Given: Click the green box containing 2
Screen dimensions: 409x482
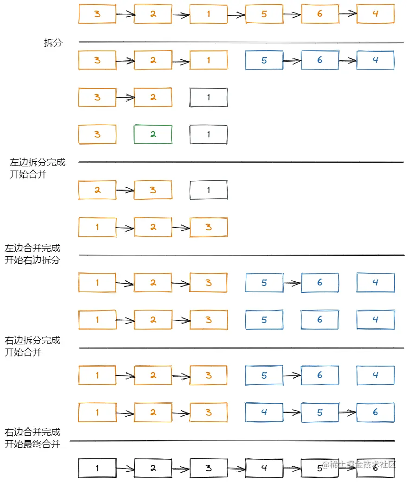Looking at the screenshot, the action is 153,134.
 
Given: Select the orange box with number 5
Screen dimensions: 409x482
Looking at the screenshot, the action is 264,14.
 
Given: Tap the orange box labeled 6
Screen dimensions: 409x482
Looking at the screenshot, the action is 320,14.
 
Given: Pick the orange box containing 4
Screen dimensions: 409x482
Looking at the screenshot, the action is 375,14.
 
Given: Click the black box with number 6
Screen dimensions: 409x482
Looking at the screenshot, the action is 375,468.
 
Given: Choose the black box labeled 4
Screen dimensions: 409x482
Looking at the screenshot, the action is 264,468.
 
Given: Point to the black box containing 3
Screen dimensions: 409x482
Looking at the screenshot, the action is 209,468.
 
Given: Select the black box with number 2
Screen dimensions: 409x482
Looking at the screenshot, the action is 153,468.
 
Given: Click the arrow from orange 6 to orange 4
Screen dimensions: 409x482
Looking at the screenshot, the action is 348,13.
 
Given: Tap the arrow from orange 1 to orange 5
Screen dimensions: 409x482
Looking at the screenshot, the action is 236,15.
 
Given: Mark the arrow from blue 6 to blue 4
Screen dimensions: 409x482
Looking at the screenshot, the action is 347,60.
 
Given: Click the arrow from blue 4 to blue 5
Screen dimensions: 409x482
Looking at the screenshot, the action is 292,412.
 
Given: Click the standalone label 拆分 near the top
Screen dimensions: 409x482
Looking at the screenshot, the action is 53,43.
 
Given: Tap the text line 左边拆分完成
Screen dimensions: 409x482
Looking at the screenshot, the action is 38,162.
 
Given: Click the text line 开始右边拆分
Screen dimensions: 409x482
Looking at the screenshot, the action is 32,260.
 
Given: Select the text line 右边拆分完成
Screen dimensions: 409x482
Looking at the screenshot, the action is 32,340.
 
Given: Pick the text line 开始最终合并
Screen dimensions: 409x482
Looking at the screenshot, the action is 32,444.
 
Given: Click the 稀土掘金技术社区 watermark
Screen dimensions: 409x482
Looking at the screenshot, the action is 358,464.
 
